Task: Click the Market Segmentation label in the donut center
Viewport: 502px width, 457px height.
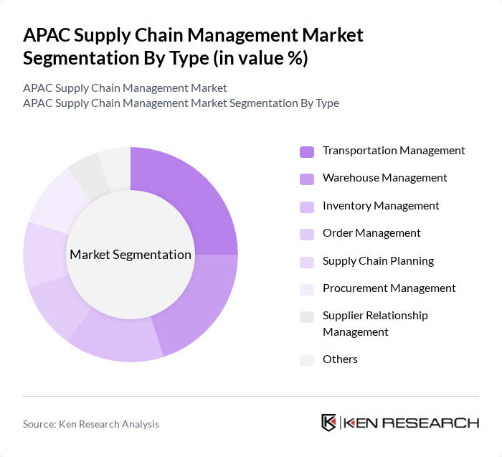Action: (x=130, y=255)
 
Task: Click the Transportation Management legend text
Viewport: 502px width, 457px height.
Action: (x=394, y=151)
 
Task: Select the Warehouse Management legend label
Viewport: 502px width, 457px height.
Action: (x=384, y=178)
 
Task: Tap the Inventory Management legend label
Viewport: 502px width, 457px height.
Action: (x=381, y=206)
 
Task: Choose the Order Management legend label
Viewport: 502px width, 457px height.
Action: (x=371, y=233)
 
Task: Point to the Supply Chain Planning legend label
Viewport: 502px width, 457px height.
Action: (x=378, y=261)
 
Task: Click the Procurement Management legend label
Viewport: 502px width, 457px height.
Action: (x=389, y=288)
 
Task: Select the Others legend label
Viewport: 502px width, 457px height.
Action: (x=340, y=359)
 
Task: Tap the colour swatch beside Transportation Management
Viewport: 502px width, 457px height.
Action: (x=307, y=151)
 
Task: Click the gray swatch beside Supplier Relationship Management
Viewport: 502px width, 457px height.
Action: (x=307, y=316)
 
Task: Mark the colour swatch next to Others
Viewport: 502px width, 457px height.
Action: (x=307, y=360)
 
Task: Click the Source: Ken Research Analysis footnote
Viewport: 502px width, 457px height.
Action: (x=91, y=424)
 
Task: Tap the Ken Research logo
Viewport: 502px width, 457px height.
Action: (x=400, y=423)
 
